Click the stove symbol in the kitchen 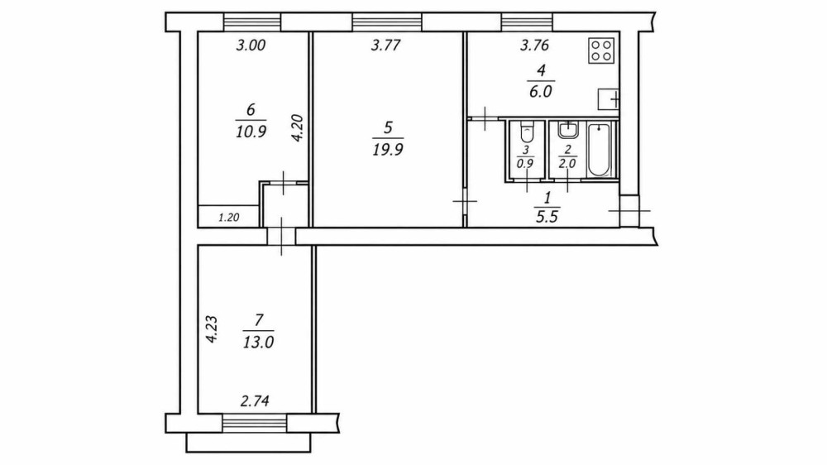601,50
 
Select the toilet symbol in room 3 526,131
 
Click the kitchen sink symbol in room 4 608,99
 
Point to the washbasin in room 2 567,130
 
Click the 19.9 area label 388,150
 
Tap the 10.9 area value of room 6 251,132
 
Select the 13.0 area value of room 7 258,343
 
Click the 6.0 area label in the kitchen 541,91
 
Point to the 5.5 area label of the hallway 547,217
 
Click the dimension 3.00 251,46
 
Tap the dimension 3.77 386,46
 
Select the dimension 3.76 535,46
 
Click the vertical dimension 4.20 298,128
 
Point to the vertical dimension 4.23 212,329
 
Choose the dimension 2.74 255,401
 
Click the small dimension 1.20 229,217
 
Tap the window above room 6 252,22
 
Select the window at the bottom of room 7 255,424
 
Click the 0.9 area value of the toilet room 525,164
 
